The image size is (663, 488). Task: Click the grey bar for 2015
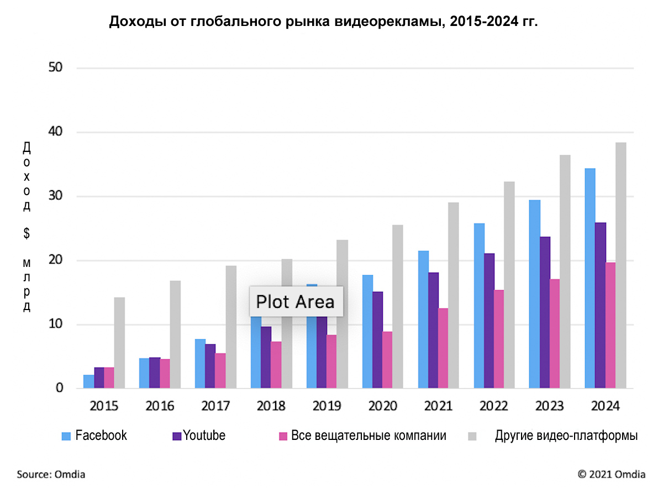[x=119, y=343]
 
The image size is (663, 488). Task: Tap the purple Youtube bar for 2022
[x=489, y=321]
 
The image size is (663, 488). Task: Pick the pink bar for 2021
[x=443, y=348]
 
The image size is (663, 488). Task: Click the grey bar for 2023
[x=565, y=271]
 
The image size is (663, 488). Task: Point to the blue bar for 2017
[x=199, y=364]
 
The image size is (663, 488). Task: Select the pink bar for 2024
[x=610, y=326]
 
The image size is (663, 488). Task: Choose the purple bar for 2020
[x=377, y=340]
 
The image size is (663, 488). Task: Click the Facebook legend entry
[x=94, y=435]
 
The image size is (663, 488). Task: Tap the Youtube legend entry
[x=199, y=435]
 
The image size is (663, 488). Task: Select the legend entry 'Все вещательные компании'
[x=362, y=435]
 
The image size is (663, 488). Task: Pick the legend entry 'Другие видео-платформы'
[x=558, y=435]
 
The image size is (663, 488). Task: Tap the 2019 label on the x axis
[x=327, y=406]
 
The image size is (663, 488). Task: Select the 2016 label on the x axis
[x=160, y=406]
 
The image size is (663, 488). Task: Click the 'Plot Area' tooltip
[x=296, y=302]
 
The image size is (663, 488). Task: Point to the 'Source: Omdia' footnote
[x=51, y=474]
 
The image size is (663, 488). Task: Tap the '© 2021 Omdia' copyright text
[x=611, y=474]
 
